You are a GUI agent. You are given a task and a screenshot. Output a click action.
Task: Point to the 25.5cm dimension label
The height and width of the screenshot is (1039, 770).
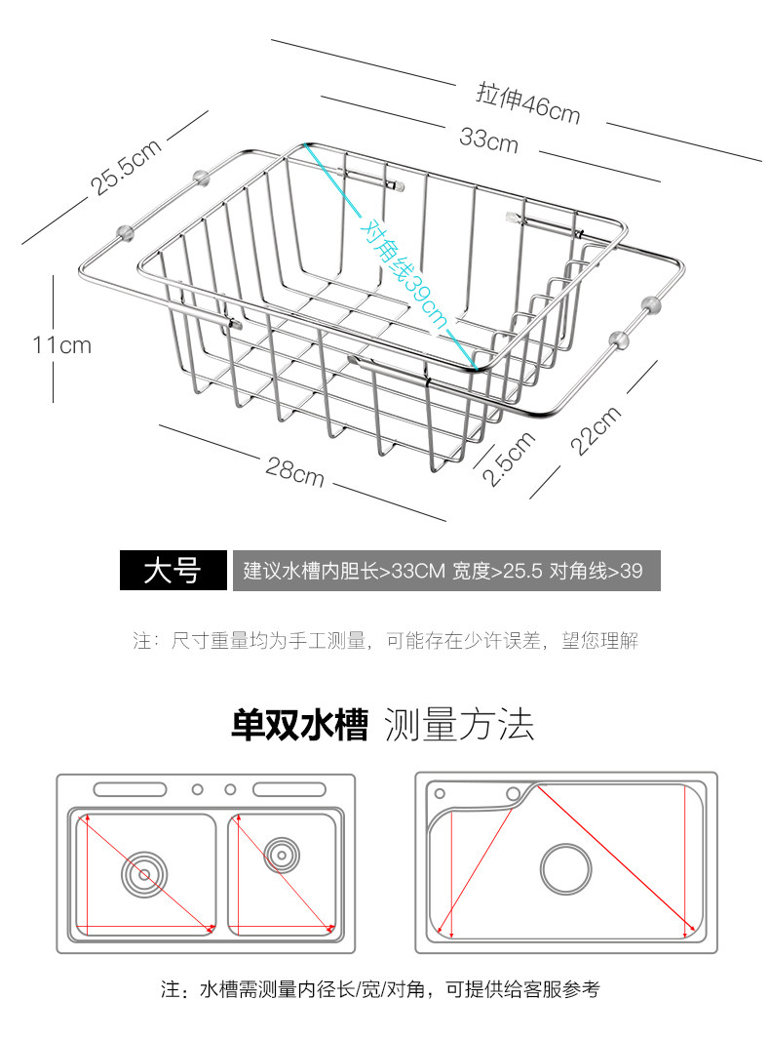pos(127,167)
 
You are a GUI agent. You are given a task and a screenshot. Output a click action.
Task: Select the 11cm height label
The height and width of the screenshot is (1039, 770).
pos(61,344)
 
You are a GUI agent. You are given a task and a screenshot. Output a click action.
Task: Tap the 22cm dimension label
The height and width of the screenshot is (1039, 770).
pos(595,429)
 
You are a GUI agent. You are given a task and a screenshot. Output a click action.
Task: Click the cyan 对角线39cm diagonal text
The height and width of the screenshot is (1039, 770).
pos(403,273)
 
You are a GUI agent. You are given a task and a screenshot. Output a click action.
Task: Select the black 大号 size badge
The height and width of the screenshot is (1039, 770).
pos(172,571)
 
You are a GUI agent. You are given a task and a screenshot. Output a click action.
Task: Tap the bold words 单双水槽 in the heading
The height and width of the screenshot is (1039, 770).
pos(299,725)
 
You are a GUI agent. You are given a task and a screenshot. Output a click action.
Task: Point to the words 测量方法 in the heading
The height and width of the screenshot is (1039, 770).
pos(459,725)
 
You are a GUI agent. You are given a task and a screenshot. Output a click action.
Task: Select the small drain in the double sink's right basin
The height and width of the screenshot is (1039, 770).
pos(281,854)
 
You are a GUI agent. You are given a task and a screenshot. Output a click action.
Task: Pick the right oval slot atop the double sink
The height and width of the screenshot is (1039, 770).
pos(289,788)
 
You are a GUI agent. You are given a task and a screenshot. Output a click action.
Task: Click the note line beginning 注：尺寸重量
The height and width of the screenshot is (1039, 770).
pos(385,642)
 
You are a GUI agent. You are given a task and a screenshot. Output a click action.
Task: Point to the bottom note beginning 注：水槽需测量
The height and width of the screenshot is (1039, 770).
pos(380,990)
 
